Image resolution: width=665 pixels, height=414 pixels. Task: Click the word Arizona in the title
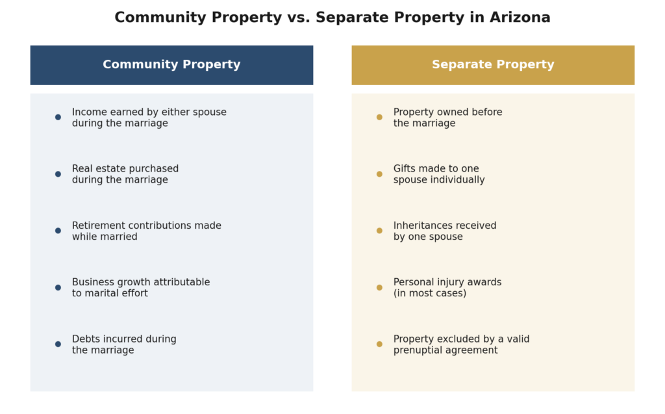(x=520, y=18)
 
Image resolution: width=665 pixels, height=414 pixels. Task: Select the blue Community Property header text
(x=171, y=64)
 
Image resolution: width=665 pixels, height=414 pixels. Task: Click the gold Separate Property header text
(x=493, y=64)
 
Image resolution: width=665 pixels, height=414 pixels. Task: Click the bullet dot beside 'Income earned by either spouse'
(x=58, y=117)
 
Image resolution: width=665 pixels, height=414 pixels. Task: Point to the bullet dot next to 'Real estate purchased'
(x=58, y=174)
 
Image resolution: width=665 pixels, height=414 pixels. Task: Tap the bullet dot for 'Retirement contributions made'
(x=58, y=231)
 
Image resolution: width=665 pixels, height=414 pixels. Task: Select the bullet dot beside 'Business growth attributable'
(x=58, y=287)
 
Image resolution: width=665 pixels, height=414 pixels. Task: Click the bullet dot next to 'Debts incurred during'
(x=58, y=344)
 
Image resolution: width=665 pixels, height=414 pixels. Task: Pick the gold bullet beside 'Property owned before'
(x=379, y=117)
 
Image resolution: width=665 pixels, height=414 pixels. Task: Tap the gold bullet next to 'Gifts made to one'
(x=379, y=174)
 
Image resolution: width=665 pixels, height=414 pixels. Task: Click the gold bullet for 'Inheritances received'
(x=379, y=231)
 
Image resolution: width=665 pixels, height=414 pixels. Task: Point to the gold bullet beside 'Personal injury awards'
(x=379, y=287)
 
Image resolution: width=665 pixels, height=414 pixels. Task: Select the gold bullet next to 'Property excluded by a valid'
(x=379, y=344)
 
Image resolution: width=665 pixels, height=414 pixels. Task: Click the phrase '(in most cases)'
(x=430, y=293)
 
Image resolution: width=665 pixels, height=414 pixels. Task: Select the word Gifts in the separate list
(x=403, y=168)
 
